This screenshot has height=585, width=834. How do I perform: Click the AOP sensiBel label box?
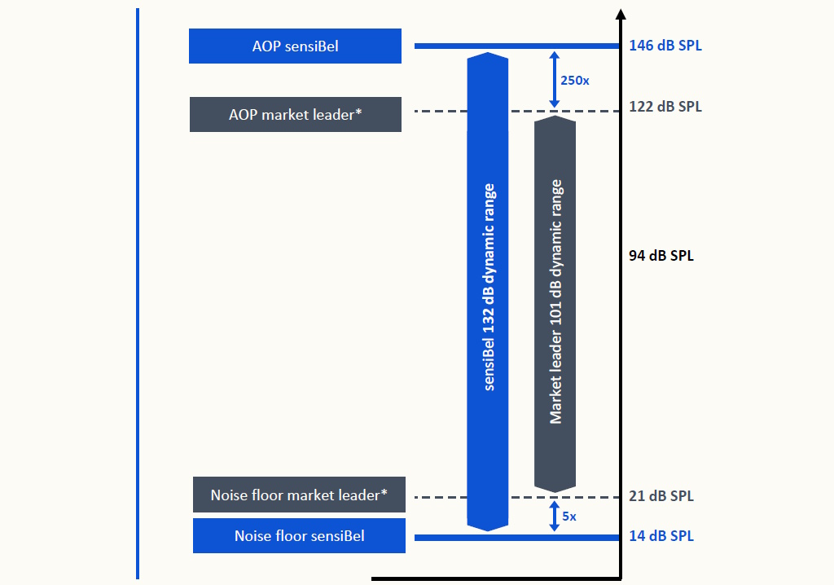pyautogui.click(x=295, y=46)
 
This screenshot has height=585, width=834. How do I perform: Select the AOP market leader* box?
pyautogui.click(x=295, y=114)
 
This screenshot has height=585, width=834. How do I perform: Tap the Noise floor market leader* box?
pyautogui.click(x=299, y=495)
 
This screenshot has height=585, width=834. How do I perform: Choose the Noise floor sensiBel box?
pyautogui.click(x=299, y=535)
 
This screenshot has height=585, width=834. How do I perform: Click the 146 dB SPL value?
pyautogui.click(x=665, y=46)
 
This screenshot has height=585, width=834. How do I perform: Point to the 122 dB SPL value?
pyautogui.click(x=665, y=107)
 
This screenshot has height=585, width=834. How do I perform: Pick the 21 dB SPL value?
pyautogui.click(x=661, y=496)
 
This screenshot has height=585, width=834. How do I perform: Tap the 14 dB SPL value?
pyautogui.click(x=661, y=536)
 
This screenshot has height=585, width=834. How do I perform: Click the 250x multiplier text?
pyautogui.click(x=576, y=80)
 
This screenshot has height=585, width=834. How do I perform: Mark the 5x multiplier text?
pyautogui.click(x=570, y=517)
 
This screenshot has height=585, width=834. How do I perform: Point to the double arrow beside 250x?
pyautogui.click(x=555, y=80)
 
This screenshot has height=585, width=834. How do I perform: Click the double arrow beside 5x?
pyautogui.click(x=555, y=517)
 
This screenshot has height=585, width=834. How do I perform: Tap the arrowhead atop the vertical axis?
pyautogui.click(x=621, y=14)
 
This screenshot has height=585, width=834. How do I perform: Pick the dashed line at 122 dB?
pyautogui.click(x=440, y=111)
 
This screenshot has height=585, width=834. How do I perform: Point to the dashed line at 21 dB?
pyautogui.click(x=440, y=497)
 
